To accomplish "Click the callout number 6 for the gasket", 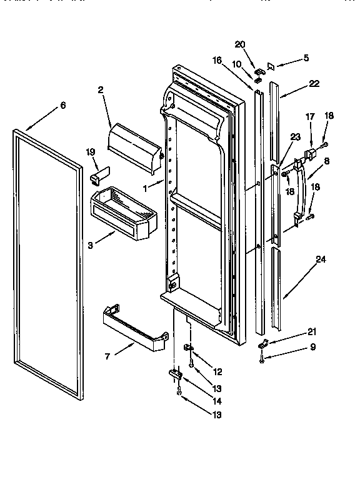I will (62, 106).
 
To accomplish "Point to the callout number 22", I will (314, 84).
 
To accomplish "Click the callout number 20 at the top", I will (241, 45).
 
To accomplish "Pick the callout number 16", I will (217, 60).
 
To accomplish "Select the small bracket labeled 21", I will (264, 343).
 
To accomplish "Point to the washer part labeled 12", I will (187, 348).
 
